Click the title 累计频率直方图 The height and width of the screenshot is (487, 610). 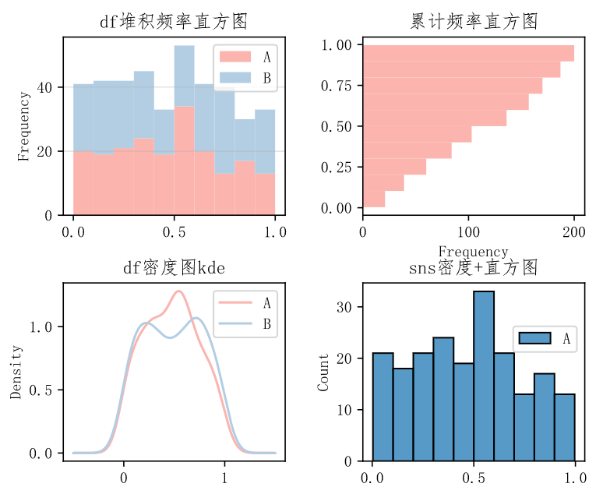[x=473, y=22]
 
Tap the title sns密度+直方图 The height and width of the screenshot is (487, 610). [x=473, y=269]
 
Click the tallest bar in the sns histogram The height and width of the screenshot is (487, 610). [x=484, y=376]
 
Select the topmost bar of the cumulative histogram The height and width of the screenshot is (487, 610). [x=468, y=53]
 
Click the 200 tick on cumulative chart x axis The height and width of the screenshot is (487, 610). [x=574, y=232]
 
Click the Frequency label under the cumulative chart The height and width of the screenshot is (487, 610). [x=473, y=252]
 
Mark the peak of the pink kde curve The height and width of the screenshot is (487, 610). [x=179, y=291]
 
